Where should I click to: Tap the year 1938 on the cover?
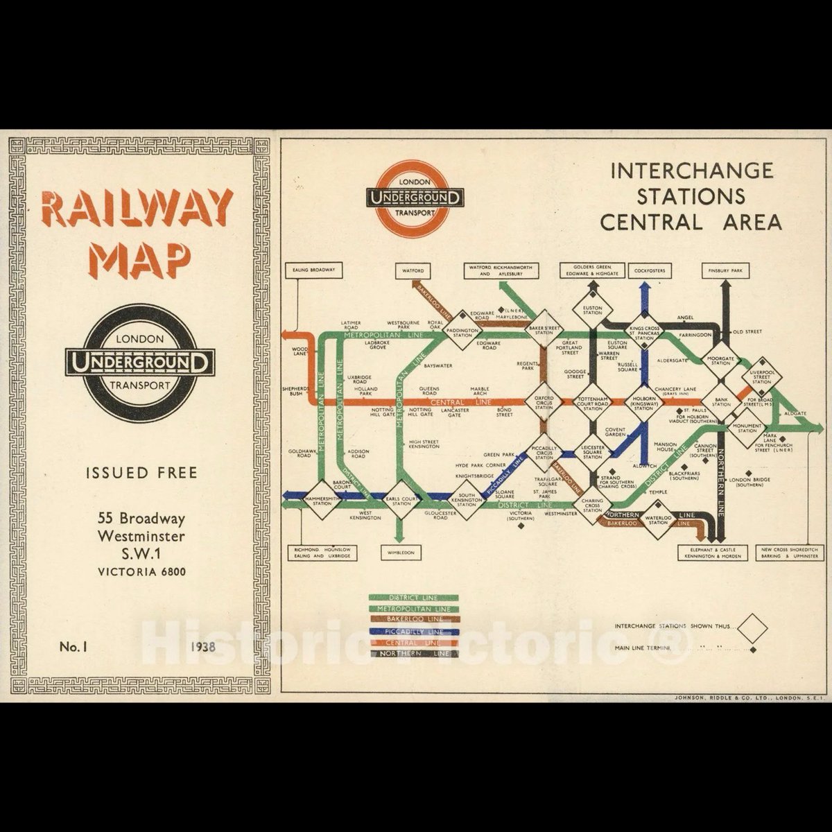[x=202, y=647]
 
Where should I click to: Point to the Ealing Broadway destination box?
[x=314, y=270]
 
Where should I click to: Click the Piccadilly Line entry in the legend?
[x=416, y=631]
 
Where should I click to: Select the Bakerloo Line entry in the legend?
[x=416, y=618]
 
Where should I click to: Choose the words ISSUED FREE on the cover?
[x=141, y=473]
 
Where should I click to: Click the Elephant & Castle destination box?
[x=713, y=553]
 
